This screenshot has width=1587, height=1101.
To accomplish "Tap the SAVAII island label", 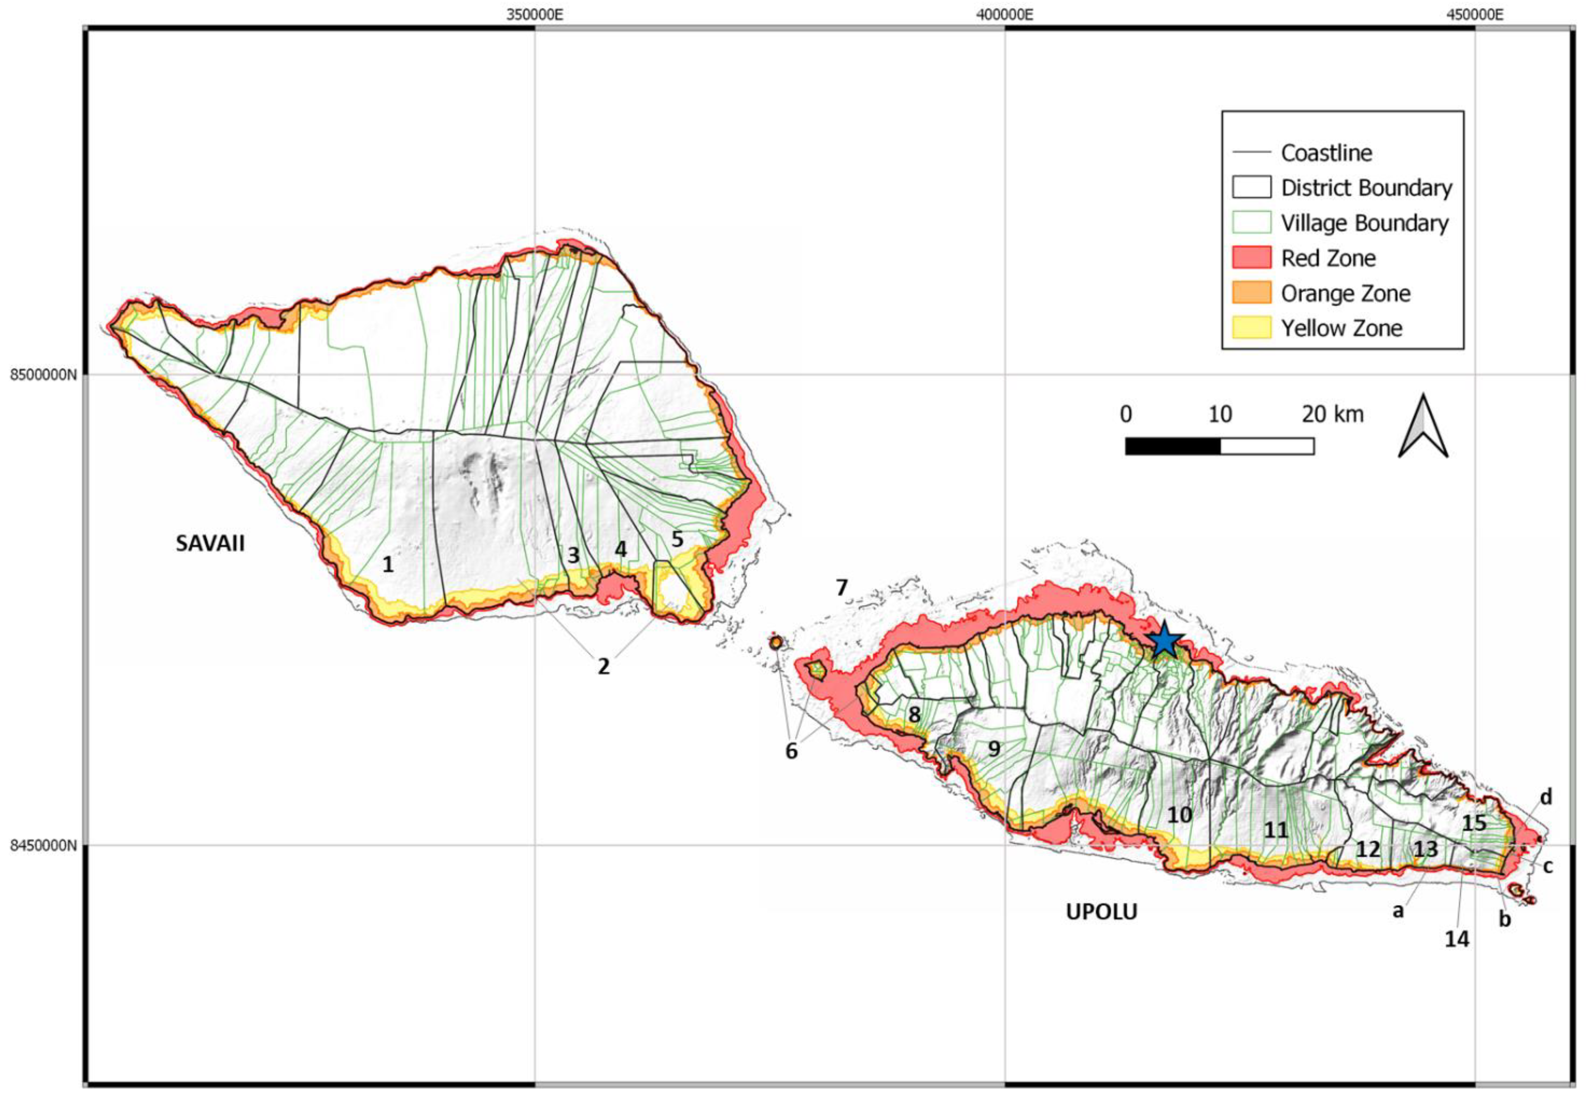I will tap(210, 543).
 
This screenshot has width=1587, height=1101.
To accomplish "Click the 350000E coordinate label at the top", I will tap(535, 15).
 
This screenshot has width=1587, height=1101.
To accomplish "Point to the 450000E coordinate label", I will tap(1475, 15).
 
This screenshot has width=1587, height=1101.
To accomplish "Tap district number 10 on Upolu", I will tap(1179, 815).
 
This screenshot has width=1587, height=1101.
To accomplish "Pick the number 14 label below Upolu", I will tap(1457, 939).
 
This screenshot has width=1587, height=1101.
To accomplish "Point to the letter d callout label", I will tap(1546, 798).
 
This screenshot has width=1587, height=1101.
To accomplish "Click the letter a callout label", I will tap(1398, 911).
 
